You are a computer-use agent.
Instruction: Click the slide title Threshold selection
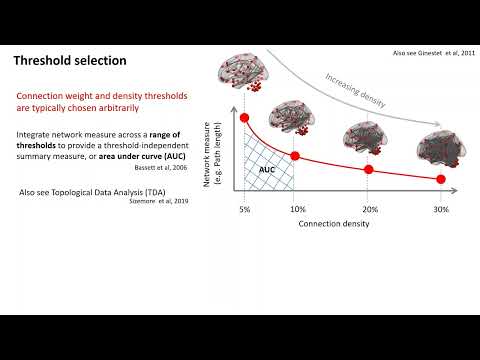(70, 61)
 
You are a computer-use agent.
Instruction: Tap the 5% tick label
(244, 208)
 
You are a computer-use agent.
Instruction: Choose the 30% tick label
(440, 208)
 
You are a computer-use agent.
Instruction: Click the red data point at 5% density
(244, 120)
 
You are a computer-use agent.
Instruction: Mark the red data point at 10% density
(295, 156)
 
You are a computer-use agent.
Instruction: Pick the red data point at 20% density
(367, 169)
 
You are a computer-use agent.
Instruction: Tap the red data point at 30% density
(440, 179)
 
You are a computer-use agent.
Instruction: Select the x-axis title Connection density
(334, 224)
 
